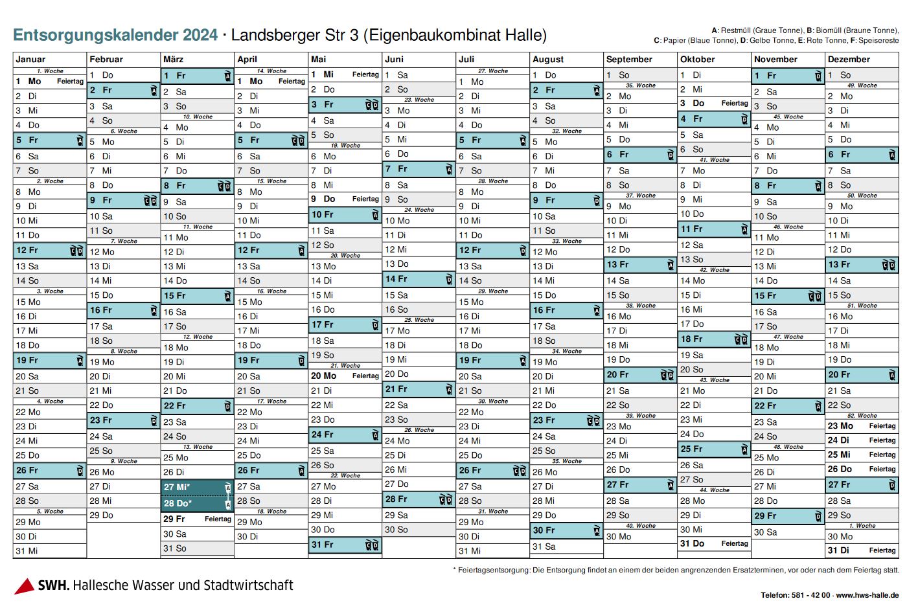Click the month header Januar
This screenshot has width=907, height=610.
coord(30,59)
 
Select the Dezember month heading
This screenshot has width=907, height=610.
coord(849,59)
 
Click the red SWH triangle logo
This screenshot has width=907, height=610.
coord(24,585)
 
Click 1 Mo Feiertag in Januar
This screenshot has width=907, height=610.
coord(49,82)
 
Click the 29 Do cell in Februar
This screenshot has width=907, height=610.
coord(123,515)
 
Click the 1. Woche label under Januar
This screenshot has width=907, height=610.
coord(50,71)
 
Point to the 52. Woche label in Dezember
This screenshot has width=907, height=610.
coord(862,416)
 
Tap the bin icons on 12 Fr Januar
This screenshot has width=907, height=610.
coord(76,251)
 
